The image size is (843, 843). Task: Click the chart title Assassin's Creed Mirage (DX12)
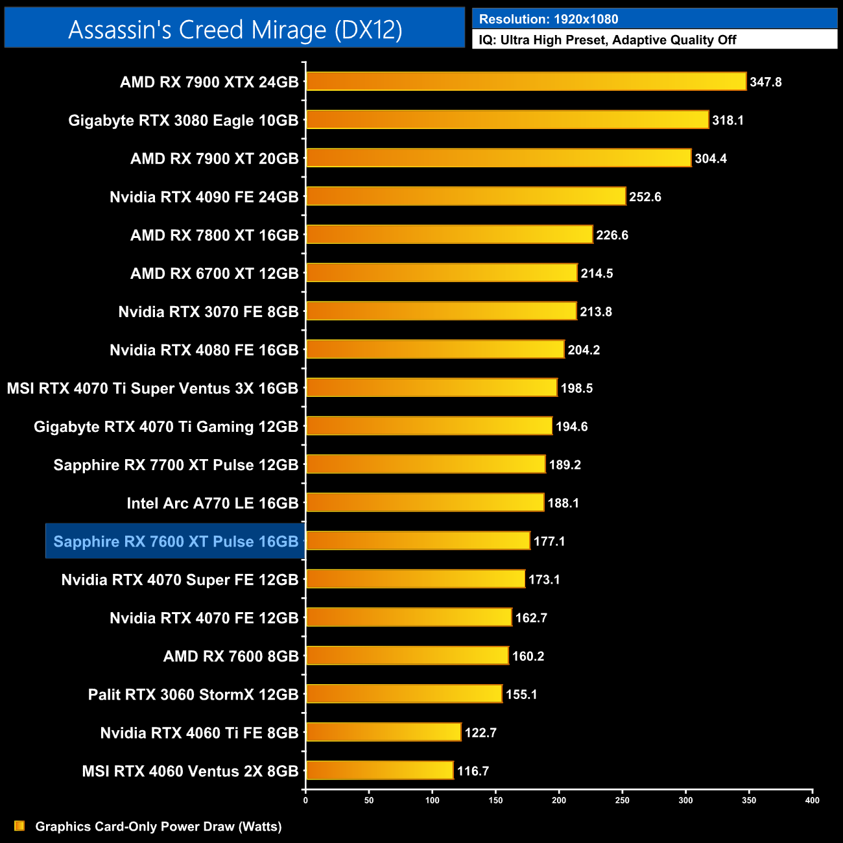tap(235, 30)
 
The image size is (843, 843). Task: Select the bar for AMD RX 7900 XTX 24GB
tap(526, 82)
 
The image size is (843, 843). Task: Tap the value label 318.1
tap(728, 121)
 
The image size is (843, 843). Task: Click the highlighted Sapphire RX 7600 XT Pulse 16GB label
tap(176, 541)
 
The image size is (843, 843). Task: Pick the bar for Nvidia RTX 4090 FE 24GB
tap(466, 196)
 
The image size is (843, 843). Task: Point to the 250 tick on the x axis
tap(622, 800)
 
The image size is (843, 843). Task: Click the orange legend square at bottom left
tap(19, 825)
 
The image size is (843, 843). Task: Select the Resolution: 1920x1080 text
tap(549, 19)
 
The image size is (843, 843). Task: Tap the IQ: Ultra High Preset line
tap(608, 40)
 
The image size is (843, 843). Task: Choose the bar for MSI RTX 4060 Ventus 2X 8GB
tap(379, 770)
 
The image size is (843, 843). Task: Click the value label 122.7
tap(481, 733)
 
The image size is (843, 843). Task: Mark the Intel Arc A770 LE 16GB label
tap(213, 503)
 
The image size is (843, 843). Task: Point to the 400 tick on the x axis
tap(812, 800)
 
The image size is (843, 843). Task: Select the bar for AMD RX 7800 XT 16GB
tap(449, 235)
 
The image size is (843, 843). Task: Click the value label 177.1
tap(549, 541)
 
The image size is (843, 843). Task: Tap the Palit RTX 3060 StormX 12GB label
tap(193, 695)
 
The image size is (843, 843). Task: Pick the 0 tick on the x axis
tap(305, 800)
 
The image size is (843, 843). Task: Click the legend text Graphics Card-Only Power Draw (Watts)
tap(158, 826)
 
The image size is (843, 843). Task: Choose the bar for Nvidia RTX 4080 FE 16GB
tap(435, 350)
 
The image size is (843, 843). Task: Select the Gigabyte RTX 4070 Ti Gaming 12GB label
tap(166, 427)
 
